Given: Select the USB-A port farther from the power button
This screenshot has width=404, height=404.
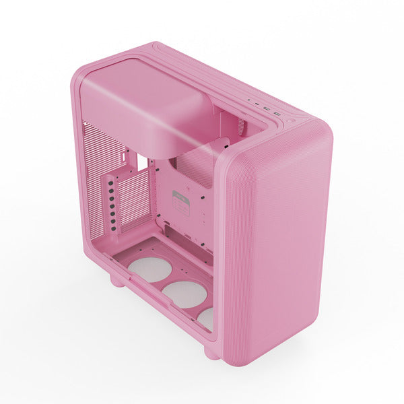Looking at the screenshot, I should pyautogui.click(x=267, y=108).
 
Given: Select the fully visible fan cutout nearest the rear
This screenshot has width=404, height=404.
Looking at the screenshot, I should pyautogui.click(x=149, y=269).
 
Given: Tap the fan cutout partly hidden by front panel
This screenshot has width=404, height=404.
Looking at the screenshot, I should pyautogui.click(x=206, y=318).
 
